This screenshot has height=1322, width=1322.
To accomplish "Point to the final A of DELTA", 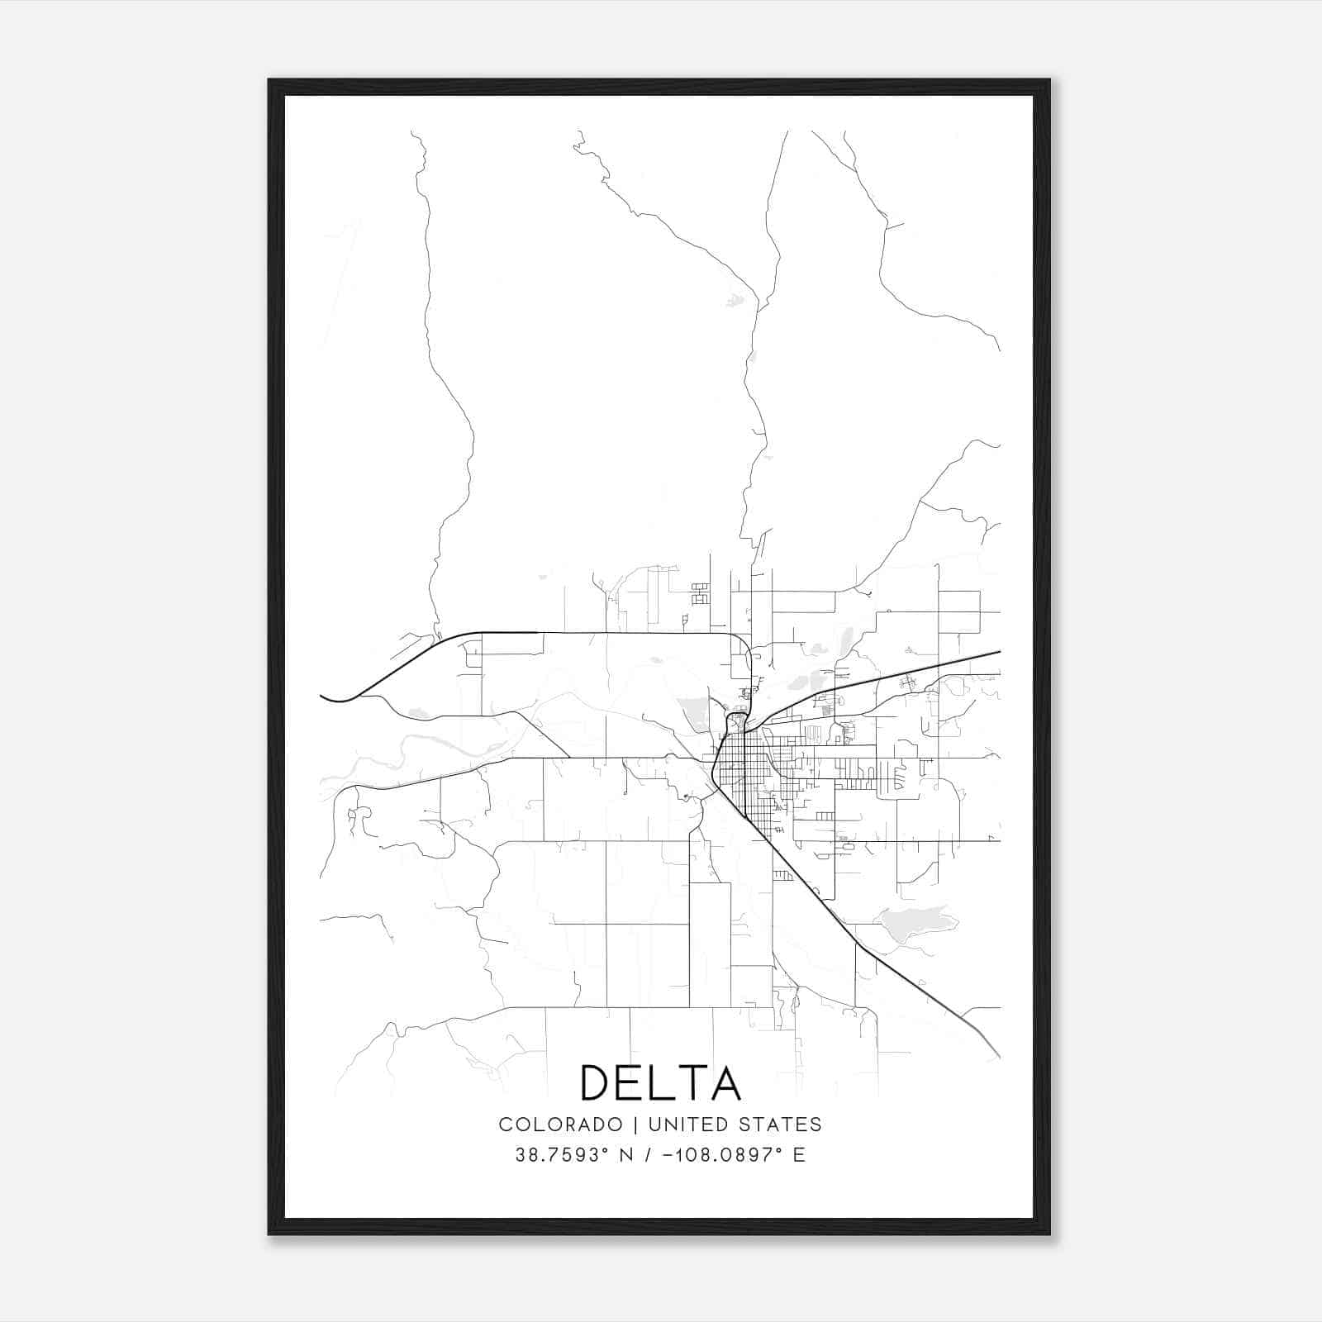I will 725,1082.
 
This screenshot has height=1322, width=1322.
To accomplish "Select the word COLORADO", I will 560,1124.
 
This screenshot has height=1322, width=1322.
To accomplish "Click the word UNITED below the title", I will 682,1124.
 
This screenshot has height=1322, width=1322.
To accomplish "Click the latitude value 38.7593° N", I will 574,1155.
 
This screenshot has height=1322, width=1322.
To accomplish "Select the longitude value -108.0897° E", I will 734,1155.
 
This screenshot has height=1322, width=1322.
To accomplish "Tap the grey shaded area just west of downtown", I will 694,712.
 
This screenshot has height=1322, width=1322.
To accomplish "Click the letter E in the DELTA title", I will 632,1082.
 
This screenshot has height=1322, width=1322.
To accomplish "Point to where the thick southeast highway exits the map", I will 998,1056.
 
